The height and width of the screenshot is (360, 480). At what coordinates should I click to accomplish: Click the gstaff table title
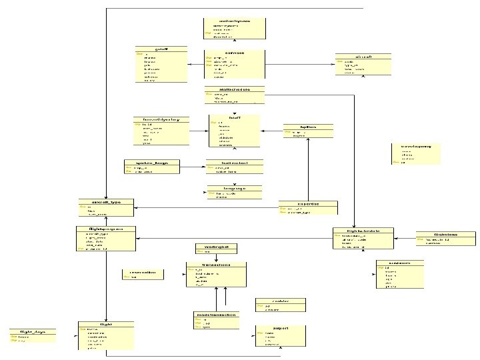pos(160,49)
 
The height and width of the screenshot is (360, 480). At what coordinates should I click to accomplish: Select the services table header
pos(234,52)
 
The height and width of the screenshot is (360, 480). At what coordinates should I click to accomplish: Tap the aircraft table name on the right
pos(363,57)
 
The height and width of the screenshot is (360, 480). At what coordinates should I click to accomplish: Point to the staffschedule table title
pos(234,89)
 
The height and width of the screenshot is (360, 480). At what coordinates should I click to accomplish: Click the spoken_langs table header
pos(152,162)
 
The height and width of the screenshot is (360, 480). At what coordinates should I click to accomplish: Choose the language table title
pos(234,189)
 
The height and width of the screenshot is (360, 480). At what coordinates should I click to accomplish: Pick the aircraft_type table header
pos(105,201)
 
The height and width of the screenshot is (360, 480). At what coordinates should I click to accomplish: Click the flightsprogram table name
pos(106,229)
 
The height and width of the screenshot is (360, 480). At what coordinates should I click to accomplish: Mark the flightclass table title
pos(445,235)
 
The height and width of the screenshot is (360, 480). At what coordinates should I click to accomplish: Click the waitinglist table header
pos(208,247)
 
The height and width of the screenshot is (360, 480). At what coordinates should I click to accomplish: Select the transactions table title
pos(215,265)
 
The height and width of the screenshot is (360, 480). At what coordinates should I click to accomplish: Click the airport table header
pos(280,328)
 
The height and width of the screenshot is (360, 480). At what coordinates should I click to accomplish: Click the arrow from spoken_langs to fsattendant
pos(193,167)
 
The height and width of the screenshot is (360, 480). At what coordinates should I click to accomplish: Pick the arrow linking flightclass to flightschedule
pos(405,237)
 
